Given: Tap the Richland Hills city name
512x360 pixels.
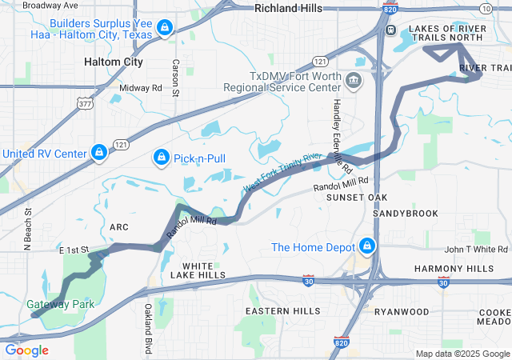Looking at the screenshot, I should pyautogui.click(x=288, y=8).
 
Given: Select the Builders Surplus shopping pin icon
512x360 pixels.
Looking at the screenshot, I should pyautogui.click(x=164, y=29).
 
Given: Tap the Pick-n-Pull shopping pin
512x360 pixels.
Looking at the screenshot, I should pyautogui.click(x=161, y=157).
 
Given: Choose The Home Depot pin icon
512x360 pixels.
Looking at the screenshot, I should pyautogui.click(x=367, y=246).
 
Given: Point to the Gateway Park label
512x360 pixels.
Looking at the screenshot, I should pyautogui.click(x=60, y=304).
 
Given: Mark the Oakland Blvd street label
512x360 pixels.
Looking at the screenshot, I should pyautogui.click(x=148, y=328).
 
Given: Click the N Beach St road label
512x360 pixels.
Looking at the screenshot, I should pyautogui.click(x=28, y=230).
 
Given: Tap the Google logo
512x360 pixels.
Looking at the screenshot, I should pyautogui.click(x=27, y=350).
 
